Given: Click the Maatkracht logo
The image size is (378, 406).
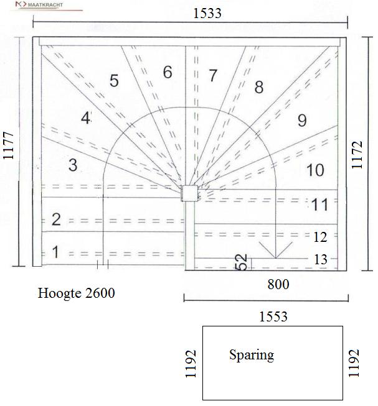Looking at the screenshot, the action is [39, 4].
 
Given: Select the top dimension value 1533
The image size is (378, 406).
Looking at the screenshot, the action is [207, 14].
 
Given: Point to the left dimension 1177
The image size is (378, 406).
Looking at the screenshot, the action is [8, 145].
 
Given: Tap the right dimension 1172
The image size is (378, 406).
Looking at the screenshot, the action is [357, 155].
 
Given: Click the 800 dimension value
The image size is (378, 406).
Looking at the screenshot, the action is [278, 284].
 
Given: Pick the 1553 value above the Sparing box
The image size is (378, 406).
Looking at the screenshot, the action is [273, 316].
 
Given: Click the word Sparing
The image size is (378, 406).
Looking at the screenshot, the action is [252, 355].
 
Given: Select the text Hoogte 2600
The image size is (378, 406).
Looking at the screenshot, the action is [76, 293].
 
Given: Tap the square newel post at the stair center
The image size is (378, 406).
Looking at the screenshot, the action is [189, 193].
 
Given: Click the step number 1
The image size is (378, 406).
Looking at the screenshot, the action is [55, 252].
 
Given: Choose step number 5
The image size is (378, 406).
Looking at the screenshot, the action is [114, 81].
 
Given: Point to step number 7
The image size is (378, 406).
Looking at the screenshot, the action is [213, 75].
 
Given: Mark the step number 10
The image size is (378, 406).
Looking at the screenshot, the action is [315, 170].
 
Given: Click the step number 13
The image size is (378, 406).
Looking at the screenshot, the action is [321, 259].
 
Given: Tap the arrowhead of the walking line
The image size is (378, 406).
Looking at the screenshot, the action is [276, 258].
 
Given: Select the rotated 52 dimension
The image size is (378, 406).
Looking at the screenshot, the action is [241, 262].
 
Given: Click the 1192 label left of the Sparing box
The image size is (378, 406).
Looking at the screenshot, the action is [191, 364].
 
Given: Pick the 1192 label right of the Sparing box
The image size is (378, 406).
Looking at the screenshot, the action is [354, 363].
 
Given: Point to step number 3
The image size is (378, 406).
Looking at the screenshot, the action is [73, 165].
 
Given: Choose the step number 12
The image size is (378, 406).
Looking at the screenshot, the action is [320, 237].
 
